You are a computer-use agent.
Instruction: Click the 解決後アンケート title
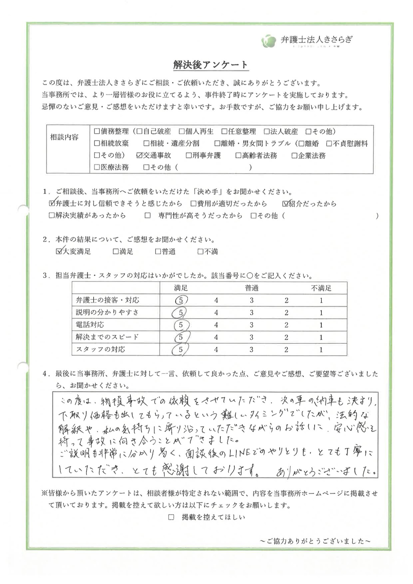[210, 65]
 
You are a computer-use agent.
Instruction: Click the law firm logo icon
[269, 41]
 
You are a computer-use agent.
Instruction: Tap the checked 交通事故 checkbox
[140, 155]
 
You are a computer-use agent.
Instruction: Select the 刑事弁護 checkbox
[189, 155]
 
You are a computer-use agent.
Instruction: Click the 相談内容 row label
[64, 137]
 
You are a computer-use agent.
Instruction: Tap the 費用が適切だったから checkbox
[194, 204]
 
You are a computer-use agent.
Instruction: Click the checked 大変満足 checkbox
[59, 252]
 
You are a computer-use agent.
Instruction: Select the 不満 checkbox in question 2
[201, 252]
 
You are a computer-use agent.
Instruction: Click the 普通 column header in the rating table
[251, 288]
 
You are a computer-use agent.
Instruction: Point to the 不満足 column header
[321, 288]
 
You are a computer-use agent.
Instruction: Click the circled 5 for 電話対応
[181, 325]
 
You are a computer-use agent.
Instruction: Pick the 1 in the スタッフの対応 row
[321, 349]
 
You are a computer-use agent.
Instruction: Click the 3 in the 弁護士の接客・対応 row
[251, 300]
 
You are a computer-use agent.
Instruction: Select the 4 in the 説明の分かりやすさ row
[216, 312]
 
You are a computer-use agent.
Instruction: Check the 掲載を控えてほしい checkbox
[171, 517]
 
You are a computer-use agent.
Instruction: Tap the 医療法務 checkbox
[97, 167]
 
